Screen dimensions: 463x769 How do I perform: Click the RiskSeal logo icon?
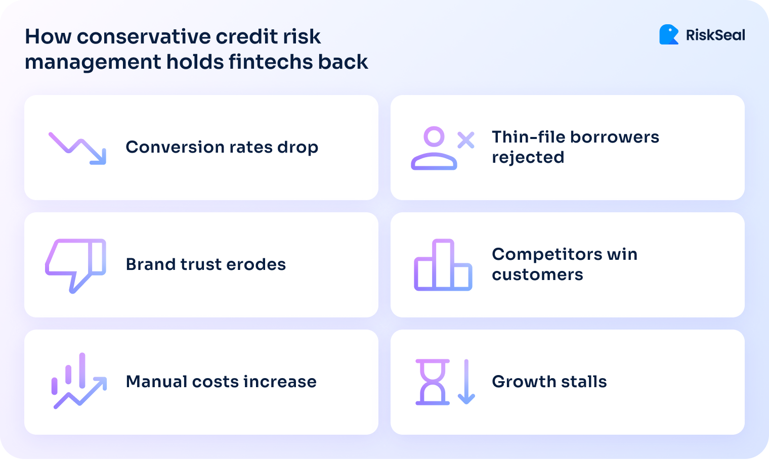click(x=669, y=35)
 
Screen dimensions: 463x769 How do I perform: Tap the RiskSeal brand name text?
click(x=715, y=35)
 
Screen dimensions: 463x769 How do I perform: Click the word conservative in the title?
click(x=143, y=36)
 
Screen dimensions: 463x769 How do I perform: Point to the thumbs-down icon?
click(x=75, y=265)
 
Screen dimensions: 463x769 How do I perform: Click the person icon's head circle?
click(x=434, y=136)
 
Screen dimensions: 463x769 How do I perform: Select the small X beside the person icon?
click(x=465, y=140)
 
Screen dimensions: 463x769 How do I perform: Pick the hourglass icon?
click(x=433, y=382)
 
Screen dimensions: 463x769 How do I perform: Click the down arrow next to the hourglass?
click(x=466, y=382)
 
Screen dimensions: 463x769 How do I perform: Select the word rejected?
click(x=528, y=158)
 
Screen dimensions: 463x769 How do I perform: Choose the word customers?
click(x=537, y=274)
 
